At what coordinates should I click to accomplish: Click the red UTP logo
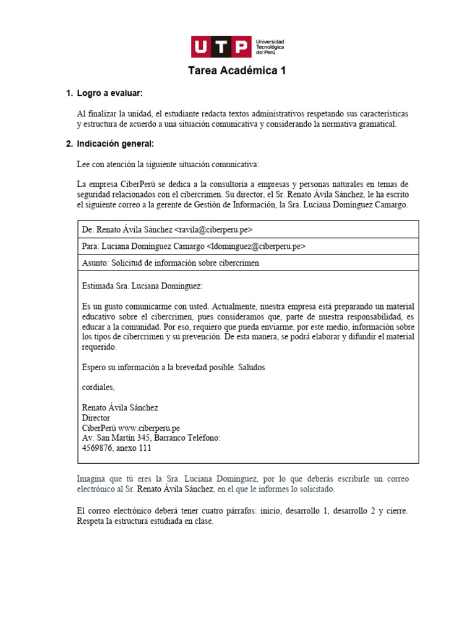click(x=221, y=47)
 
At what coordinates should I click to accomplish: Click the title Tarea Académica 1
click(x=237, y=71)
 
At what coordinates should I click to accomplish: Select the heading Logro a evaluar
click(x=109, y=93)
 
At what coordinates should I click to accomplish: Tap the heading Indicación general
click(x=115, y=144)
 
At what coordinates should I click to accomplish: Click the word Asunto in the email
click(x=94, y=263)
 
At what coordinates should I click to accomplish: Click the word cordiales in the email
click(x=98, y=387)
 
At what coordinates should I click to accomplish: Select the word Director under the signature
click(x=96, y=418)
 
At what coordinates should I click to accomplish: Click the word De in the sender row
click(x=87, y=229)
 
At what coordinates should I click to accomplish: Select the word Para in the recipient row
click(x=90, y=246)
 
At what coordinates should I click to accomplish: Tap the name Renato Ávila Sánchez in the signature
click(x=120, y=407)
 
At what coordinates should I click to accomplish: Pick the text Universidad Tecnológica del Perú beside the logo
click(x=270, y=47)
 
